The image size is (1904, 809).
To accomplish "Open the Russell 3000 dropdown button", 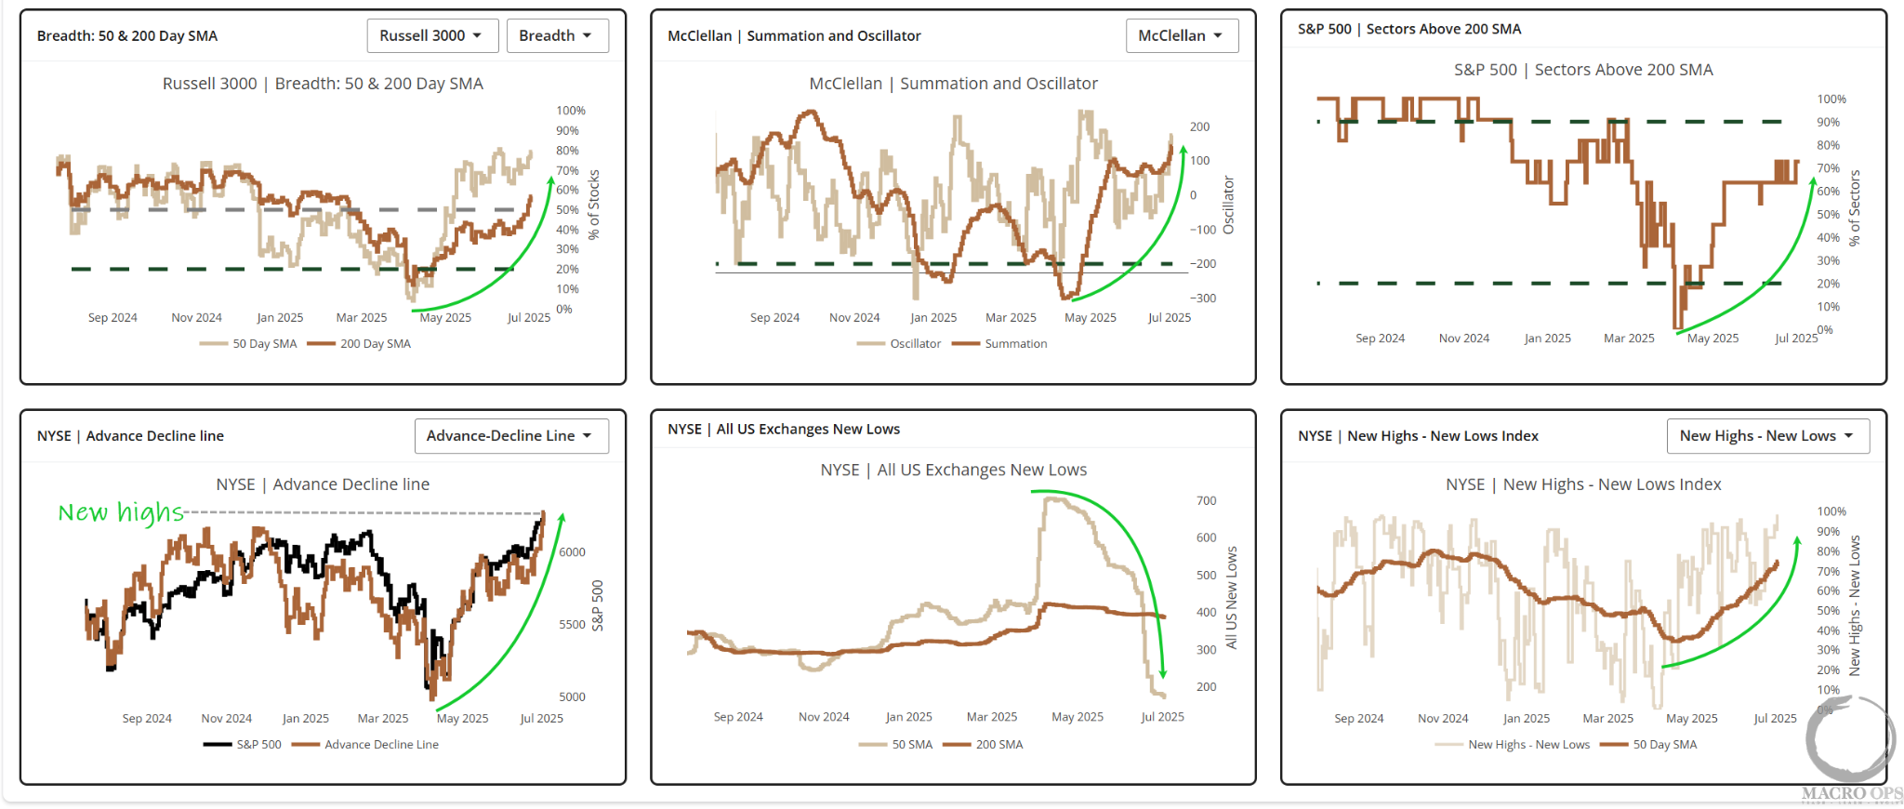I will [432, 35].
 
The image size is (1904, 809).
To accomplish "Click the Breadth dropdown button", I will [557, 35].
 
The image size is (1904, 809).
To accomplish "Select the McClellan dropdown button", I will [1182, 35].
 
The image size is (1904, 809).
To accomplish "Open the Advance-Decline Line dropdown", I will [510, 435].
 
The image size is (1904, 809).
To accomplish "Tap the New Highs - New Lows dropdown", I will [1767, 435].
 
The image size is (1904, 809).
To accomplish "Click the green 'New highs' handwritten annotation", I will [120, 512].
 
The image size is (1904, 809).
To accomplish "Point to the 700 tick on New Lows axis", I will [1206, 501].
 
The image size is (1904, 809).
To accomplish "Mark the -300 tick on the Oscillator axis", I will [1205, 298].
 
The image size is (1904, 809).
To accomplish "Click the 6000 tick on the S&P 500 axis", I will [572, 552].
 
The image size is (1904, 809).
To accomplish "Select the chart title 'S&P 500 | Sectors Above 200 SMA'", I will [1583, 70].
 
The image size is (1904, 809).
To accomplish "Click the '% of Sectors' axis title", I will [1855, 207].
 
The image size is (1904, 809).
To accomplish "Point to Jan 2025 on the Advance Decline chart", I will [306, 719].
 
